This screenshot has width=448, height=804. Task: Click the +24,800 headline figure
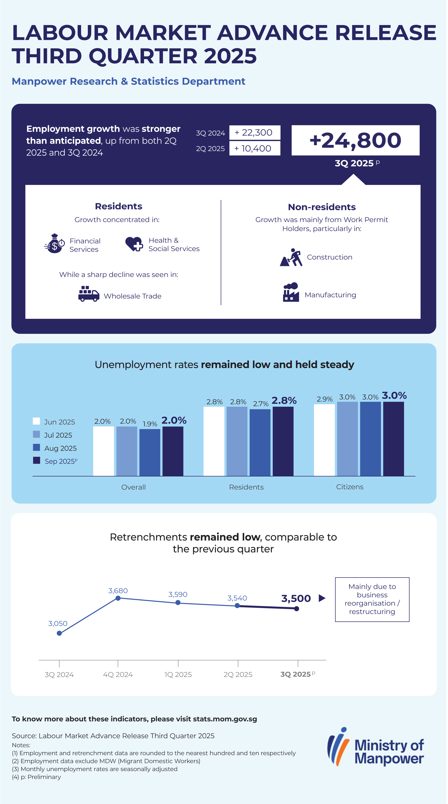(355, 140)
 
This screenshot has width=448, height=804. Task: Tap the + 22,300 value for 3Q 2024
(254, 133)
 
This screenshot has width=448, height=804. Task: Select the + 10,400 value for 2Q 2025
(254, 149)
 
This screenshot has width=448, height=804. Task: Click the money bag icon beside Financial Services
(54, 244)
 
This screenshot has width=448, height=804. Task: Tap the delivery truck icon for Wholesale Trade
(89, 294)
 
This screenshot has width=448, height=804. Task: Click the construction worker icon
(291, 257)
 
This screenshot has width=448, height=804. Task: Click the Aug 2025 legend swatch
(37, 447)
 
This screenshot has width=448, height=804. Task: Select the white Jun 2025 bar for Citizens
(324, 440)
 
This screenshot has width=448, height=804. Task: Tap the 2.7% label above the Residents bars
(261, 404)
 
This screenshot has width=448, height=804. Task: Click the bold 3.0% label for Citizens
(394, 396)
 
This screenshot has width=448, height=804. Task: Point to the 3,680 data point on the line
(118, 598)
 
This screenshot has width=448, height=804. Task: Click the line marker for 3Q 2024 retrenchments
(59, 633)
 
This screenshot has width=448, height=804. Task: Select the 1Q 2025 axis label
(178, 675)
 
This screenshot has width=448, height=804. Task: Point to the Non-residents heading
(322, 207)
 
